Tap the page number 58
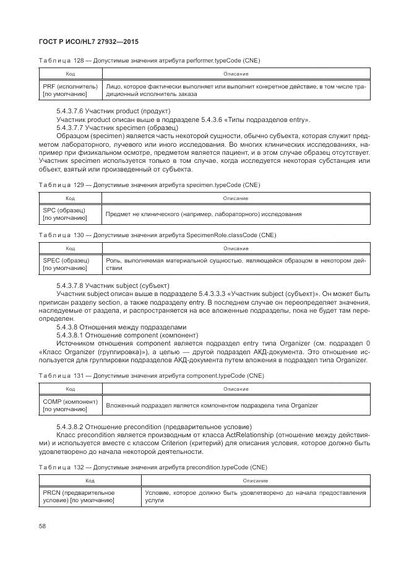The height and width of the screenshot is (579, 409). tap(43, 526)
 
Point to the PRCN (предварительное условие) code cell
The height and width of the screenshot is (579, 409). tap(90, 495)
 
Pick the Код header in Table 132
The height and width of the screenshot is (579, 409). tap(90, 480)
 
